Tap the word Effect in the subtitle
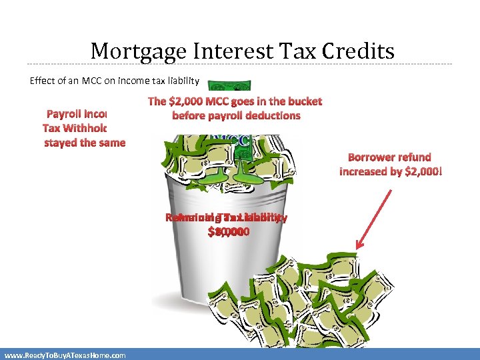(x=41, y=81)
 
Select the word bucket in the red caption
(x=303, y=101)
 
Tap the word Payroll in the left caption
(x=64, y=114)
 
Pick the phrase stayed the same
(x=85, y=143)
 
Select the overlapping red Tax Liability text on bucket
(x=227, y=217)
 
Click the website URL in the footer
(x=65, y=355)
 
